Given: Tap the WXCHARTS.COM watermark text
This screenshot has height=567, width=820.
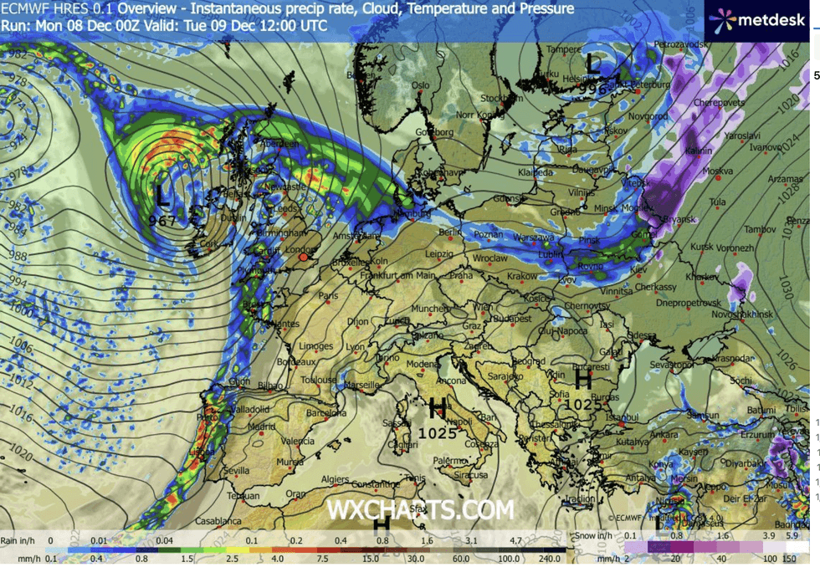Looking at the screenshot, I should pos(420,509).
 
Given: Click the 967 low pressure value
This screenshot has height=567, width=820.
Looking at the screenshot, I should pos(162,221).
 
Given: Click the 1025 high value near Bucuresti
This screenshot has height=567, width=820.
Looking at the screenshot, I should pos(583,403).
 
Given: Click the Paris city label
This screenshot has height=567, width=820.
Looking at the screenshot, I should pos(327,295).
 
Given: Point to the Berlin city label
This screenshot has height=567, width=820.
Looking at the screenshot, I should pos(450,232).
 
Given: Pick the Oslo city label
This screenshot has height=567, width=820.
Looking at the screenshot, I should pos(419,85).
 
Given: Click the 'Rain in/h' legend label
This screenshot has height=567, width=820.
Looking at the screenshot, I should pos(18,541).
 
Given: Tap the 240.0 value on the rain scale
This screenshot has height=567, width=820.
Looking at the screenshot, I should pos(548,558).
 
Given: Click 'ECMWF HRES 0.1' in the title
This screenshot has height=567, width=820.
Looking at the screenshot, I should pos(57,9).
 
